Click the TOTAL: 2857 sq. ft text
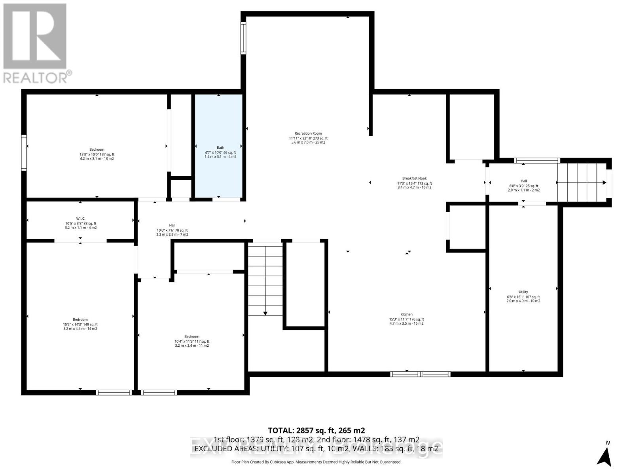tap(316, 430)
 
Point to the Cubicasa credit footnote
tap(316, 462)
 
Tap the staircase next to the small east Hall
tap(582, 182)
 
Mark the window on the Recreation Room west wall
tap(243, 38)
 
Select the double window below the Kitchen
tap(420, 374)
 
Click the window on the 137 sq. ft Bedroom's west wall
tap(24, 153)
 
